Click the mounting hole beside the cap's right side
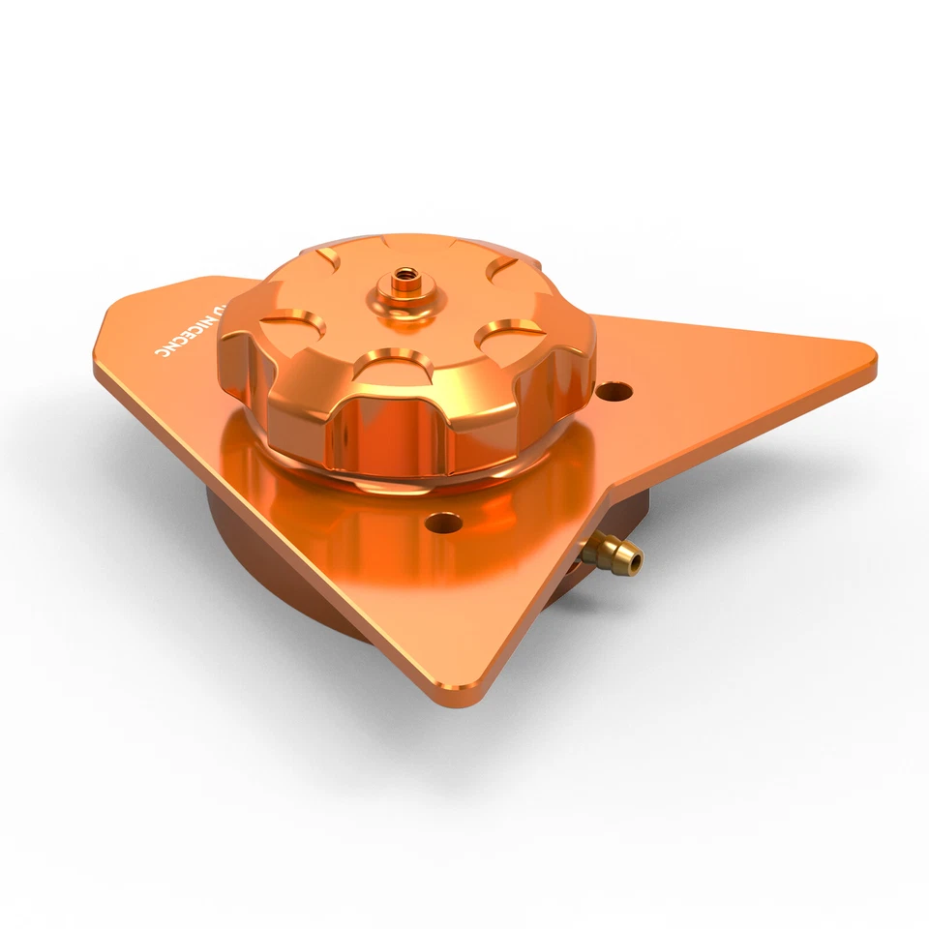tap(614, 392)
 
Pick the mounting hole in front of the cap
tap(444, 524)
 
